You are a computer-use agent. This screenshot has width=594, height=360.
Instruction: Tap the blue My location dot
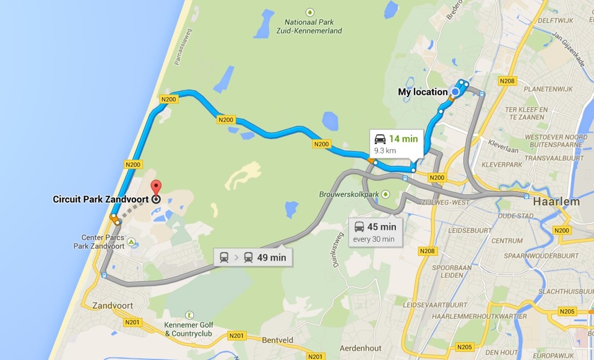click(x=455, y=92)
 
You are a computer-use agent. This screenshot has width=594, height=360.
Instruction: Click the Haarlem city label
click(x=555, y=202)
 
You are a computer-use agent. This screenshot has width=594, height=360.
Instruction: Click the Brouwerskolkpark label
click(x=350, y=194)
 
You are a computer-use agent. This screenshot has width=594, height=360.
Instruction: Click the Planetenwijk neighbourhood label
click(x=545, y=88)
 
